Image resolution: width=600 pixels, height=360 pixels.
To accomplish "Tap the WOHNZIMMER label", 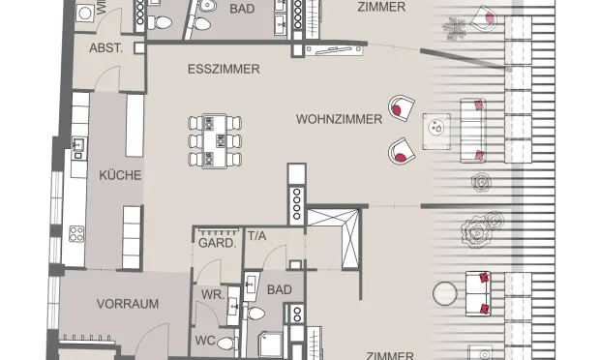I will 334,118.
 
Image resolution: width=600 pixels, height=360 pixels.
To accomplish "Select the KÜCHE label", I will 120,175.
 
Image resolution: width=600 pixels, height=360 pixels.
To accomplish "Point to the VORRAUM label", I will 127,303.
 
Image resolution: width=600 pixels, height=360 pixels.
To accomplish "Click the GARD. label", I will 218,243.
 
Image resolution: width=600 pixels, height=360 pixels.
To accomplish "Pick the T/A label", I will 257,235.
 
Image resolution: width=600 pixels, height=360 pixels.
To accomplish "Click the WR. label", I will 212,293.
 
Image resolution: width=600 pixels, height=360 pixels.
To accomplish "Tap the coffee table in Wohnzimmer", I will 437,126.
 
